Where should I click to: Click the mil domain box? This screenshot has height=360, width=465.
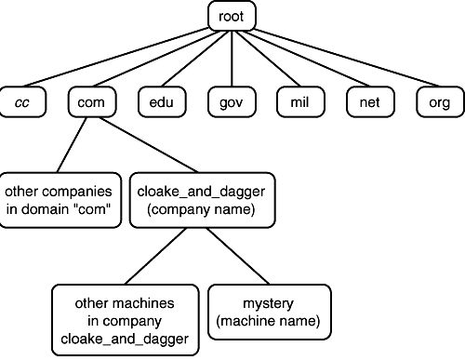coord(299,100)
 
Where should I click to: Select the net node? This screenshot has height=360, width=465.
coord(368,100)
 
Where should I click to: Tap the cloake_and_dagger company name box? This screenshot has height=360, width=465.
coord(202,200)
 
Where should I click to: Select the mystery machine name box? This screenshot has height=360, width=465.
coord(267,313)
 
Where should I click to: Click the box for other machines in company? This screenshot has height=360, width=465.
coord(125,320)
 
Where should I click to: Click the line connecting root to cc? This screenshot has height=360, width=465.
coord(121,56)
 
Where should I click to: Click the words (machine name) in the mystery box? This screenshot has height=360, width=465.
coord(267,322)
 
